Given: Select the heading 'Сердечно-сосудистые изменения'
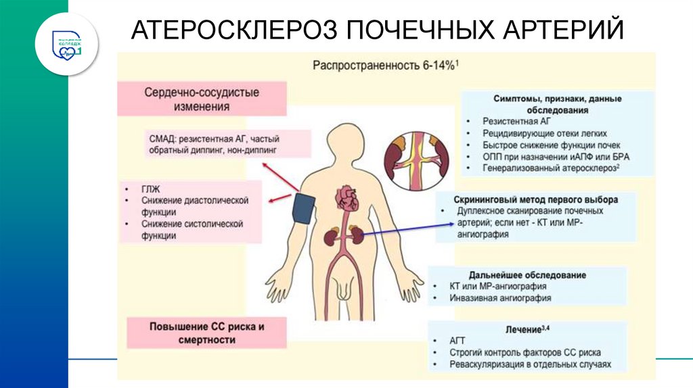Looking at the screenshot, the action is (202, 99).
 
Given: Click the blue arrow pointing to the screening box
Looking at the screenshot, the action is (399, 233).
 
